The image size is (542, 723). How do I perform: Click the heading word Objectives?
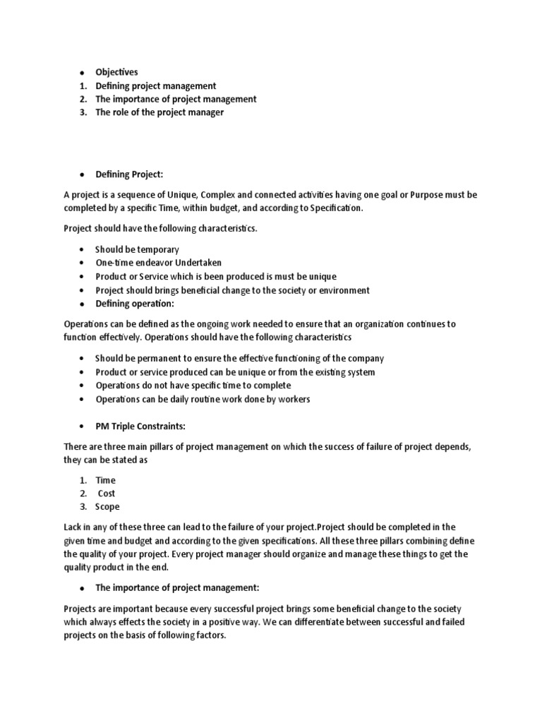click(x=116, y=72)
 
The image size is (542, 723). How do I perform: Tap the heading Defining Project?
click(x=134, y=174)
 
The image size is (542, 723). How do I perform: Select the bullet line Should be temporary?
click(x=137, y=250)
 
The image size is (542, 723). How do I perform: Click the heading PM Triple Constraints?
click(x=140, y=426)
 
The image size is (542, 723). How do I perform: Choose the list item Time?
click(x=105, y=480)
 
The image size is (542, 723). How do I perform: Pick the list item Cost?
click(x=107, y=494)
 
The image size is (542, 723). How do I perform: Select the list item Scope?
click(x=107, y=507)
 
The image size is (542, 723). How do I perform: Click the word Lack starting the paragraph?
click(x=74, y=527)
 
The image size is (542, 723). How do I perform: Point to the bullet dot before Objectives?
click(x=82, y=73)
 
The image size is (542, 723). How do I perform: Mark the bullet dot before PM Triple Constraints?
click(x=82, y=427)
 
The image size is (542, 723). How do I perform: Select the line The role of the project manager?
click(x=159, y=112)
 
